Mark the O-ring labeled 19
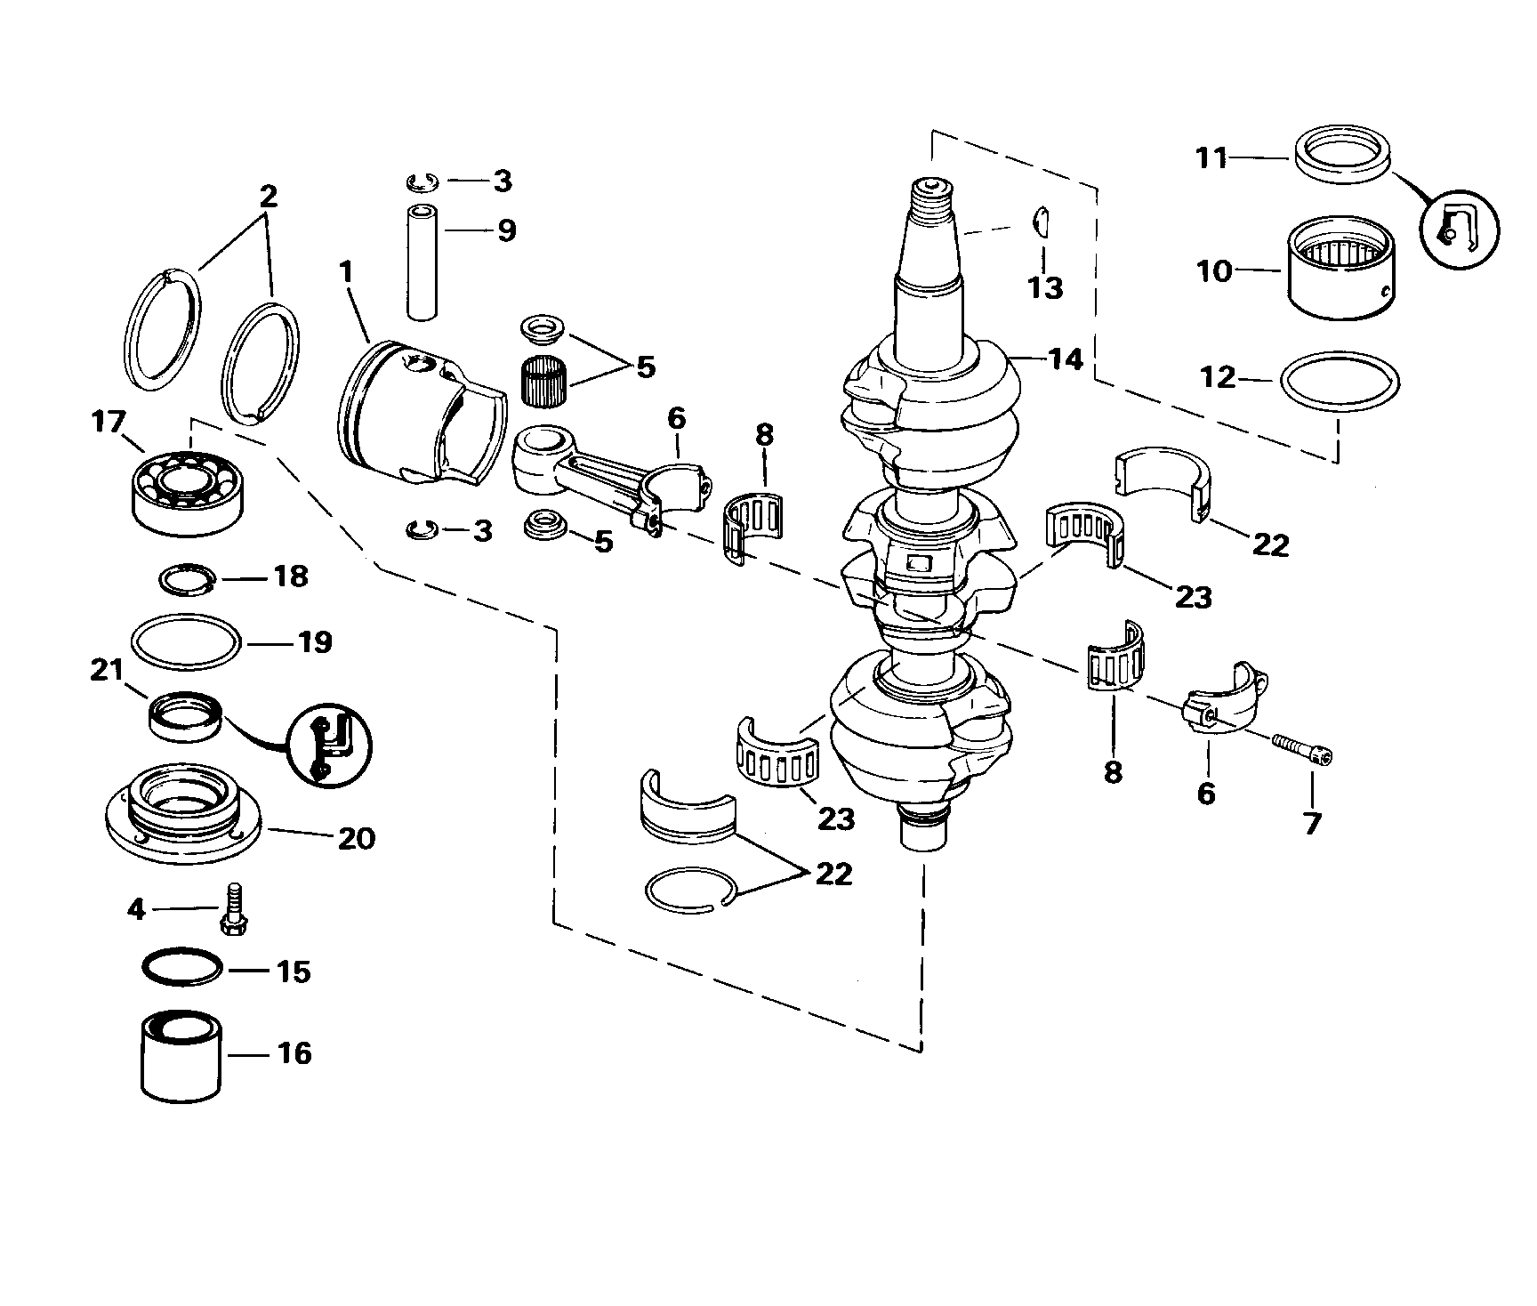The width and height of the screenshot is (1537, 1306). (x=185, y=641)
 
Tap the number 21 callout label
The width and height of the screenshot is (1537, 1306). (x=108, y=669)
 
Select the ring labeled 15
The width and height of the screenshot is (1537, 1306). (x=182, y=968)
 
